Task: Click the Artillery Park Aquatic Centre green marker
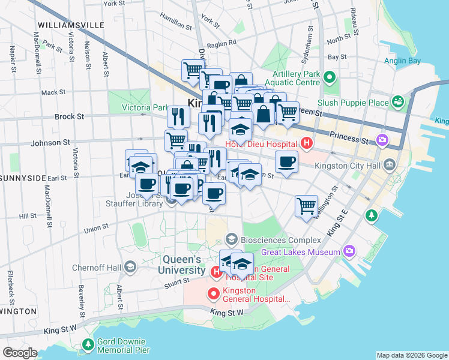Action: tap(329, 77)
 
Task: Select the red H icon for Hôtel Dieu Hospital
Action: tap(307, 144)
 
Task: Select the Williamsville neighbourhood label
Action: tap(70, 25)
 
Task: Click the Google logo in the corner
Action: tap(20, 353)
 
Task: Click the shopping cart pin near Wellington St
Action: tap(306, 206)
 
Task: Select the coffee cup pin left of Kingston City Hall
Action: tap(286, 161)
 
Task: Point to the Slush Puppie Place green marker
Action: tap(397, 103)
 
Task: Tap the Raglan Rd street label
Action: tap(221, 43)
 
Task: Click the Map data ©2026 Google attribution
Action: tap(412, 355)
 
